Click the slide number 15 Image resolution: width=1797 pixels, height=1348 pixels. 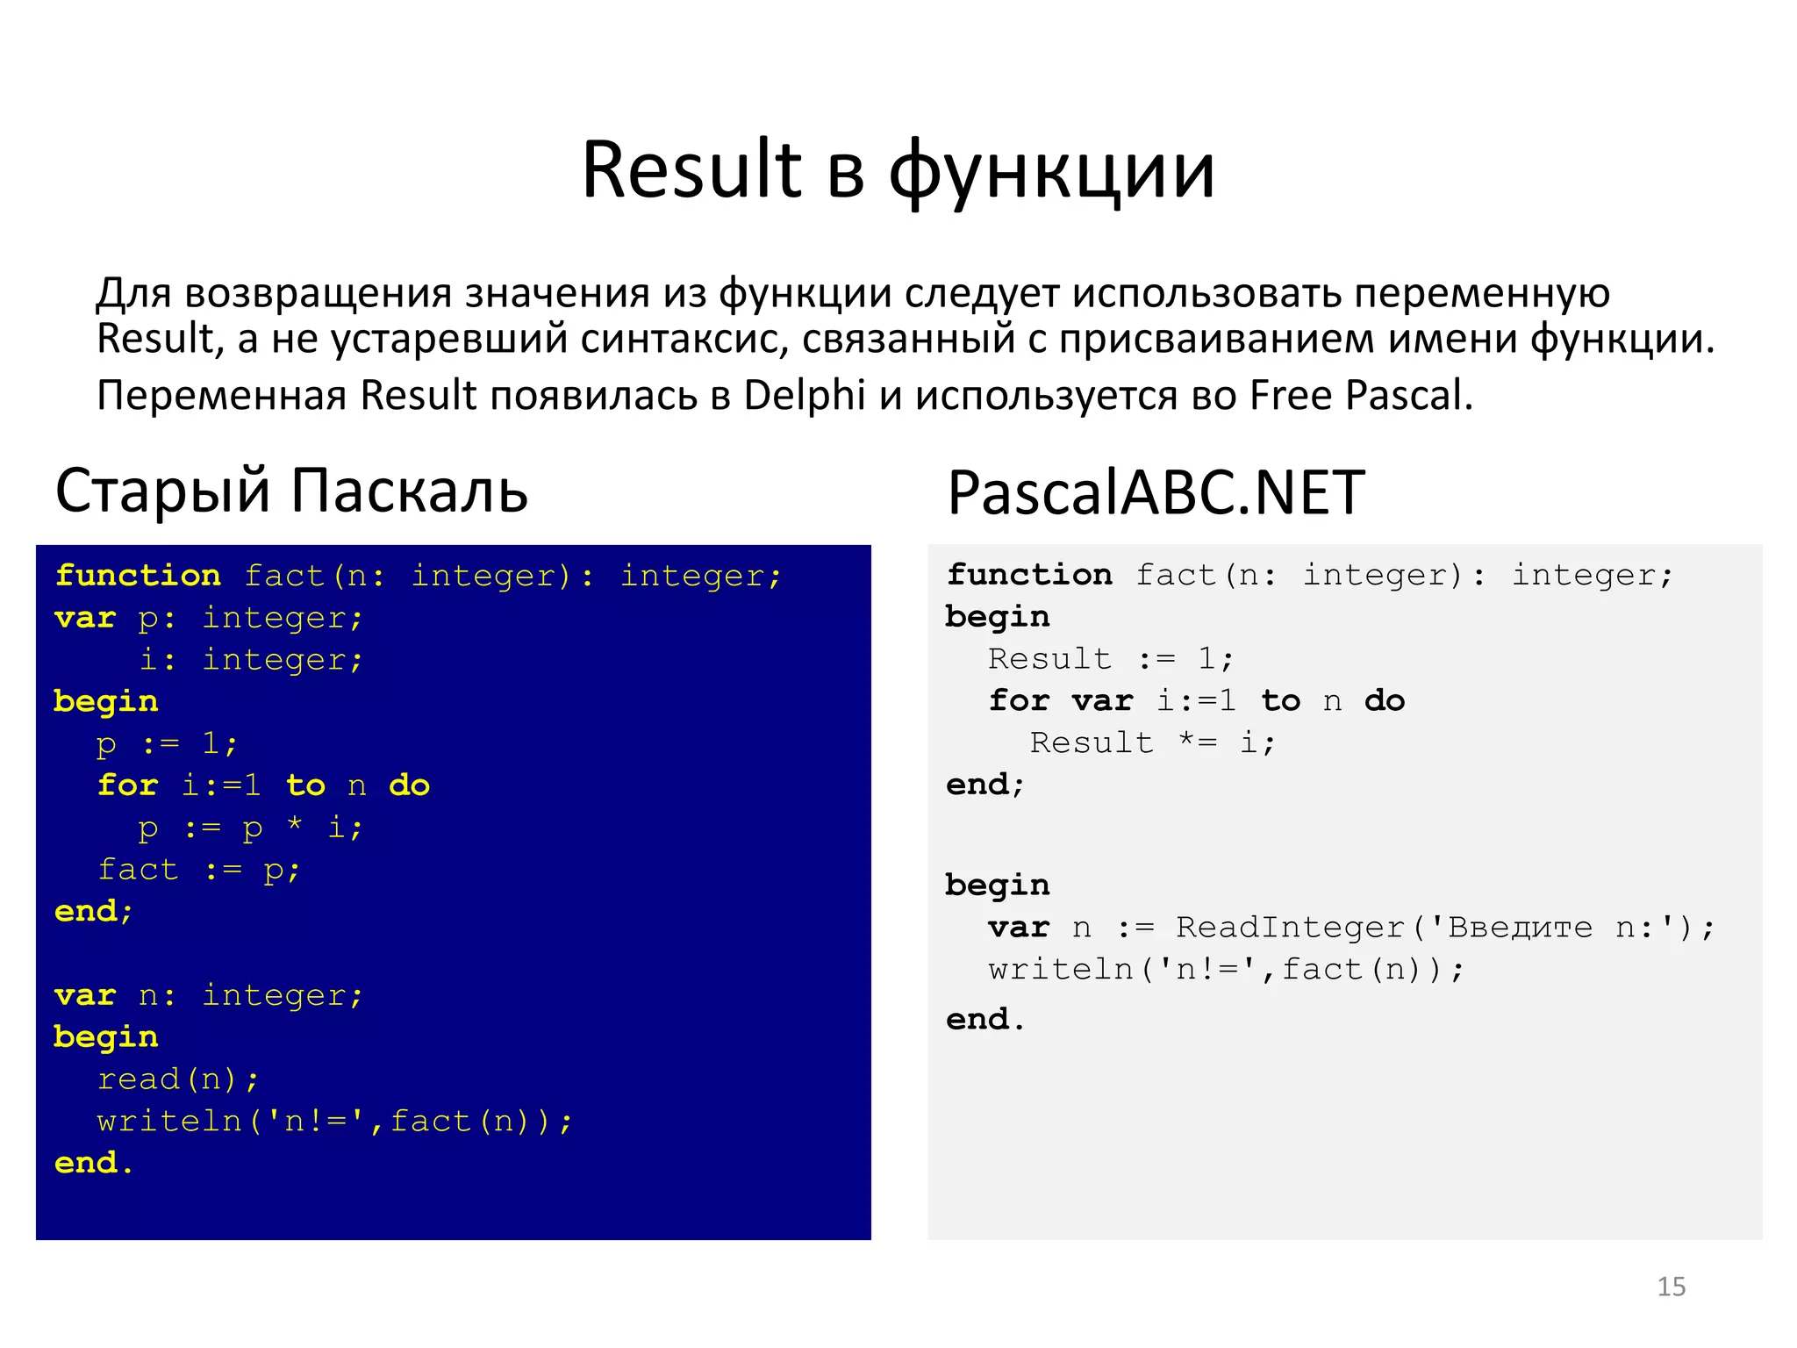pyautogui.click(x=1671, y=1287)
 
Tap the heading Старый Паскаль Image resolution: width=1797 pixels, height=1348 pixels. pyautogui.click(x=291, y=490)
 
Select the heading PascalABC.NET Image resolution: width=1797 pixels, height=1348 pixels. pyautogui.click(x=1156, y=492)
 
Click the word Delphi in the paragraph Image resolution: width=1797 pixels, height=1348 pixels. pyautogui.click(x=804, y=395)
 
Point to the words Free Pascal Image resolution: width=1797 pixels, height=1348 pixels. pyautogui.click(x=1360, y=395)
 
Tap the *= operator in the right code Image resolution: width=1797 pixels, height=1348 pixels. pyautogui.click(x=1197, y=742)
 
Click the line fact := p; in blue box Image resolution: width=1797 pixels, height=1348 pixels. pyautogui.click(x=199, y=870)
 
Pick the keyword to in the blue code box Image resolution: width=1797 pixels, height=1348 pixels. pyautogui.click(x=305, y=785)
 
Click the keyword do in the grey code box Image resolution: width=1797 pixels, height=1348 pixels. pyautogui.click(x=1385, y=700)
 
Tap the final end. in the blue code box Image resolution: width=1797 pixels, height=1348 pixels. pyautogui.click(x=93, y=1163)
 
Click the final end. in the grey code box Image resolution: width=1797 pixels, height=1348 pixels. pyautogui.click(x=984, y=1019)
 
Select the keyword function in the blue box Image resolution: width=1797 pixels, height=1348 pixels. pyautogui.click(x=138, y=576)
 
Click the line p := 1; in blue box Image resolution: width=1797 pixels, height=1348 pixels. pyautogui.click(x=167, y=744)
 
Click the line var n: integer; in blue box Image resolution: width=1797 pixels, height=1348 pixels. pyautogui.click(x=208, y=995)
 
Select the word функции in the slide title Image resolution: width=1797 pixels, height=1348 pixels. pyautogui.click(x=1052, y=171)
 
